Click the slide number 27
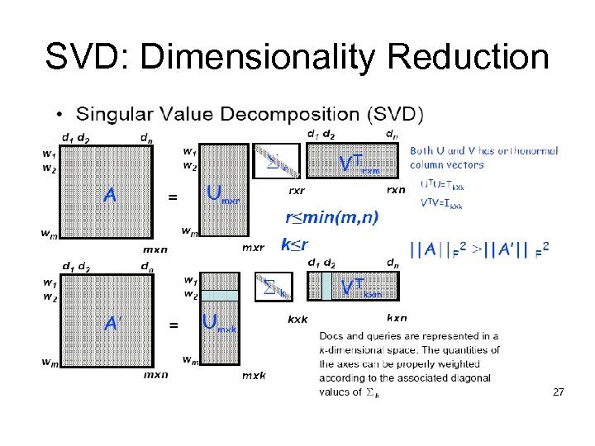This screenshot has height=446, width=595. click(559, 392)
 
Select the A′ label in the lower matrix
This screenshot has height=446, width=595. click(113, 324)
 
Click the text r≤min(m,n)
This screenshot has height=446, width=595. click(331, 218)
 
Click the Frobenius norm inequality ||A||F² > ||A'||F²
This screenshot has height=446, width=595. click(479, 247)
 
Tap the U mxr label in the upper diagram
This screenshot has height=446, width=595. click(224, 195)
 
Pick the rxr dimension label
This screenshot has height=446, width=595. click(296, 189)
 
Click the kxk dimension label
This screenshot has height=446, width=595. click(297, 318)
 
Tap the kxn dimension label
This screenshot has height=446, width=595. click(397, 318)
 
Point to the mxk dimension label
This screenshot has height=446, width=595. click(254, 375)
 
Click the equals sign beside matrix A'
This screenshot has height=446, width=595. click(173, 325)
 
